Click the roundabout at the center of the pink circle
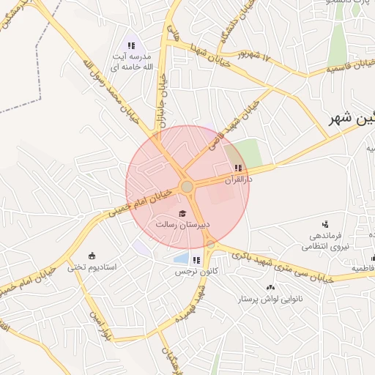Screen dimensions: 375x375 tap(187, 187)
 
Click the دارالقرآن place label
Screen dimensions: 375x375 tap(238, 179)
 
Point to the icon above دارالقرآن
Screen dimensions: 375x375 tap(237, 168)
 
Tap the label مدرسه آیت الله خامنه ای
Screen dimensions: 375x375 tap(132, 62)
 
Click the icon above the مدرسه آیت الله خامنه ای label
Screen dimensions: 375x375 tap(131, 46)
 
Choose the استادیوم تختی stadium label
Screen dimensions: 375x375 tap(92, 267)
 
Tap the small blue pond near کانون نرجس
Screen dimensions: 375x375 tap(180, 258)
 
